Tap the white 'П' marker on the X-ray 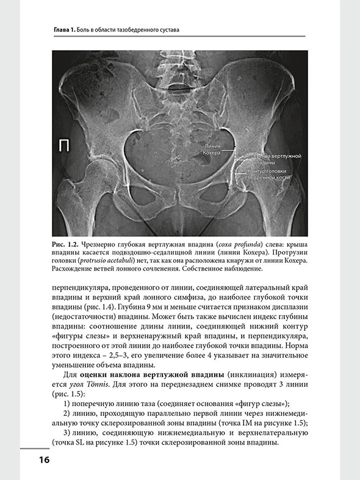click(x=63, y=145)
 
